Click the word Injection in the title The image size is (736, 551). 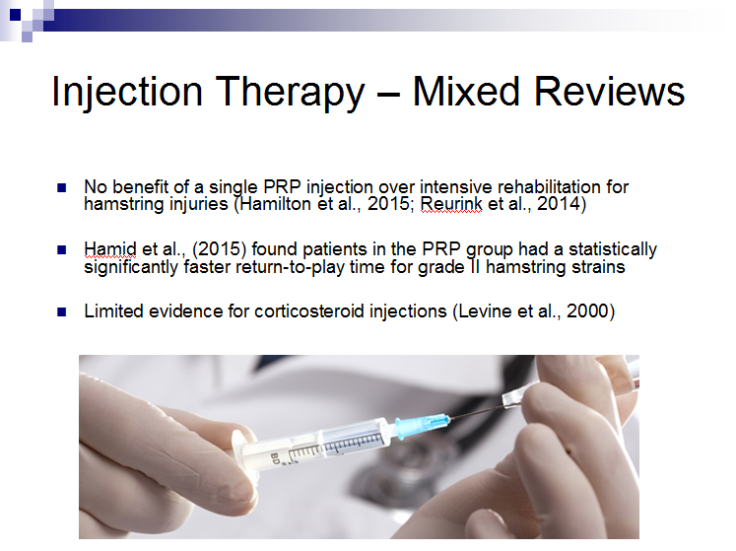pyautogui.click(x=127, y=92)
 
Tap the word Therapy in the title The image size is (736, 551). pyautogui.click(x=290, y=92)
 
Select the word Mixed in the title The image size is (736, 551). pyautogui.click(x=466, y=91)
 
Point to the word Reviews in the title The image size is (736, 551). pyautogui.click(x=609, y=91)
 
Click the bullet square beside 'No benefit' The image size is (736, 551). pyautogui.click(x=61, y=188)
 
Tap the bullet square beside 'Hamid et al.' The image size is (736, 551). pyautogui.click(x=61, y=250)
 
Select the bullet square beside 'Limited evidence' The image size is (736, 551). pyautogui.click(x=61, y=311)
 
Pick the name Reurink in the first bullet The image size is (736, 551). pyautogui.click(x=451, y=204)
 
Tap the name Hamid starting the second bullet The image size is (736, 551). pyautogui.click(x=110, y=249)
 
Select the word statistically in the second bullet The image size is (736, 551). pyautogui.click(x=613, y=250)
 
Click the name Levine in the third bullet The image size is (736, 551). pyautogui.click(x=485, y=311)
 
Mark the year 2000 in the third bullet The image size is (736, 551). pyautogui.click(x=587, y=311)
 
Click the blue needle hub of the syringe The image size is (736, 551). pyautogui.click(x=420, y=426)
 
